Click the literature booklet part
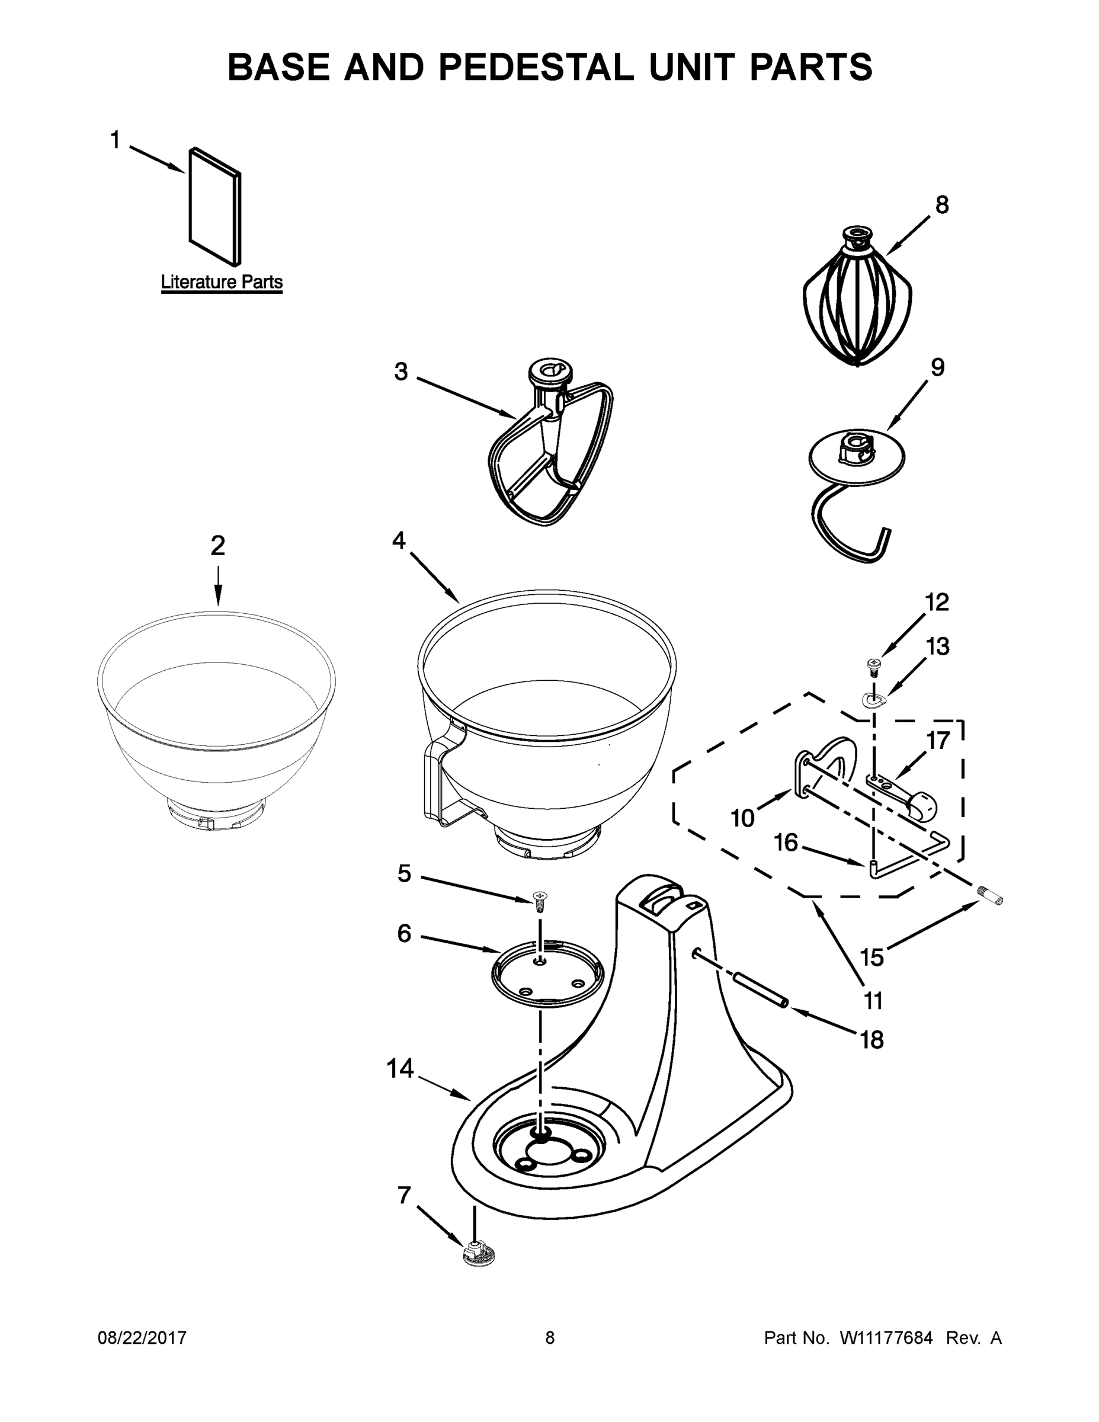pyautogui.click(x=215, y=207)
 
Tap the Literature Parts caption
pyautogui.click(x=222, y=282)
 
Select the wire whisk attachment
pyautogui.click(x=857, y=303)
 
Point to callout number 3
pyautogui.click(x=401, y=371)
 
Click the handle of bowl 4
pyautogui.click(x=443, y=782)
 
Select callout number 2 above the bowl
pyautogui.click(x=217, y=546)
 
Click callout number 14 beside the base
pyautogui.click(x=400, y=1069)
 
